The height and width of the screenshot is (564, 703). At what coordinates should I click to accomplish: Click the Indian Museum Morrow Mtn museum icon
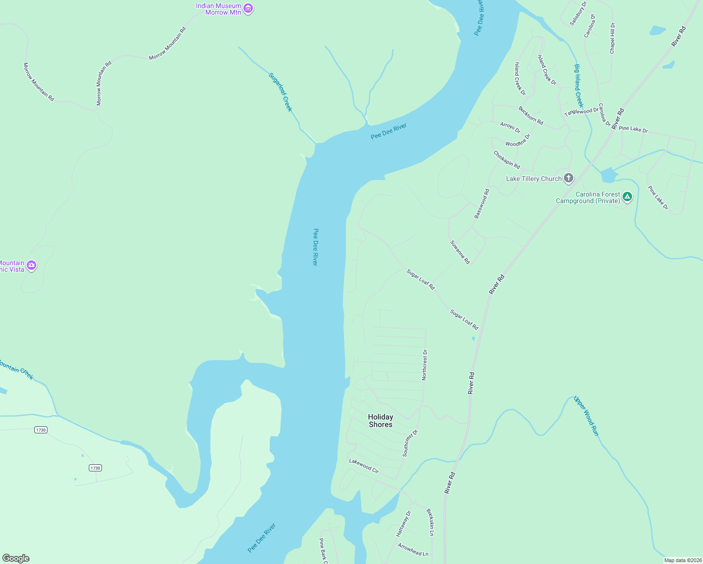click(249, 8)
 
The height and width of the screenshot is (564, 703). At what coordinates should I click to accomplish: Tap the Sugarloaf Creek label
click(281, 92)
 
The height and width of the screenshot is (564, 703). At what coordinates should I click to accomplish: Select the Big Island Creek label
click(578, 86)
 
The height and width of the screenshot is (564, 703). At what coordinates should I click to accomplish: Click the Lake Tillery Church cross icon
click(569, 178)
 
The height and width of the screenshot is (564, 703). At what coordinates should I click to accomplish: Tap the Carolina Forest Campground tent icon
click(627, 197)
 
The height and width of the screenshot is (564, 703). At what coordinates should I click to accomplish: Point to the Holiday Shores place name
click(380, 421)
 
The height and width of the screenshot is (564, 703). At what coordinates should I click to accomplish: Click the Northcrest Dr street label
click(424, 365)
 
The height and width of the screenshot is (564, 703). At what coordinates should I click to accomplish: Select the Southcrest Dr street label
click(410, 443)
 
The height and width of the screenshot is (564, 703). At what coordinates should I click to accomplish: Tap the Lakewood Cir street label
click(364, 466)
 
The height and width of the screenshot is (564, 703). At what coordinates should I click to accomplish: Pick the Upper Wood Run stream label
click(586, 416)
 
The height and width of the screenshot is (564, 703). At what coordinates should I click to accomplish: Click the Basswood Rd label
click(482, 204)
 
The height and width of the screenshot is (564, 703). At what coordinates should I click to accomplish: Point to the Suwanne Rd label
click(460, 252)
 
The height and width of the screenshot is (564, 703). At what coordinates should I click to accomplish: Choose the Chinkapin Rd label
click(507, 160)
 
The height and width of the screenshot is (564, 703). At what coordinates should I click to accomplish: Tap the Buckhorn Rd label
click(531, 116)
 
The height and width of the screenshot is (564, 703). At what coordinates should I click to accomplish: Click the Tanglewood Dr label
click(581, 111)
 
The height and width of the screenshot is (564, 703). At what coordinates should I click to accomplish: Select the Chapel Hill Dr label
click(612, 38)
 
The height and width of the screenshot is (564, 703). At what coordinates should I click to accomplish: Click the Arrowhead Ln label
click(413, 550)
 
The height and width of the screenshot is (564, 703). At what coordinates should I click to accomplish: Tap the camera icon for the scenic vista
click(31, 266)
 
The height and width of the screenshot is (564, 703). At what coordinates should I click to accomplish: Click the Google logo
click(16, 558)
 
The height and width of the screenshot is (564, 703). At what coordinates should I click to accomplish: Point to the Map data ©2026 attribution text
click(682, 560)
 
